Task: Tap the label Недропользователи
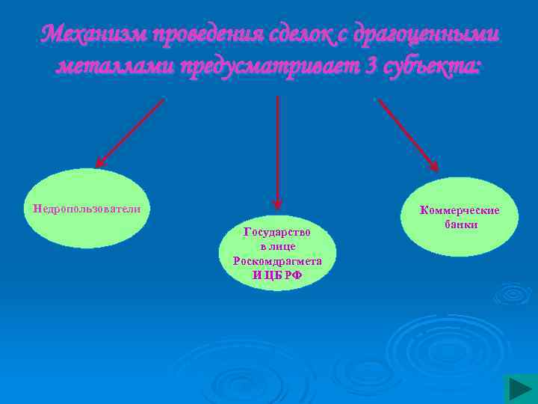[x=83, y=208]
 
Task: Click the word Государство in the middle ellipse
[x=277, y=232]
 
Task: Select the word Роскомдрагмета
[x=277, y=261]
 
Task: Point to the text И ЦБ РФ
[x=277, y=275]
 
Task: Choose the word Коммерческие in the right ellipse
[x=459, y=210]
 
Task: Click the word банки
[x=460, y=224]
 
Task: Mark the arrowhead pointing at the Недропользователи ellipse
[x=101, y=162]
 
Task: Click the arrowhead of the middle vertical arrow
[x=277, y=203]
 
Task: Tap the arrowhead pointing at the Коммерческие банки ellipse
[x=433, y=169]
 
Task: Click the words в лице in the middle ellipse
[x=277, y=246]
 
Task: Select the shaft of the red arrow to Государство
[x=277, y=142]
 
